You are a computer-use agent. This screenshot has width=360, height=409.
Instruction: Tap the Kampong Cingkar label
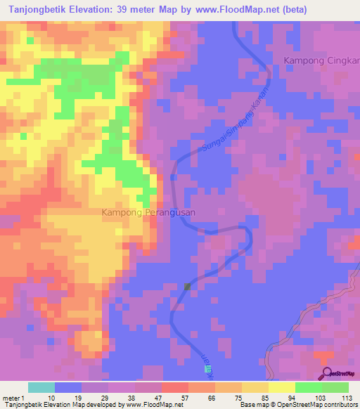click(321, 61)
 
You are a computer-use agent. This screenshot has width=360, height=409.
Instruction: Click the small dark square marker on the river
click(188, 287)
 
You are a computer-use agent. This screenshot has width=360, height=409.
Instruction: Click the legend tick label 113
click(347, 397)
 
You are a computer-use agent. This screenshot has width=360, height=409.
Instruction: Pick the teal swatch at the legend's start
click(41, 387)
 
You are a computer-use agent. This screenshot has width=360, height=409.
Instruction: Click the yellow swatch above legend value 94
click(282, 387)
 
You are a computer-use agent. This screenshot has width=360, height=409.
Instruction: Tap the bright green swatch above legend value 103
click(309, 387)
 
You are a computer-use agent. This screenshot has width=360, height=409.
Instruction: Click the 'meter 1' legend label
click(13, 397)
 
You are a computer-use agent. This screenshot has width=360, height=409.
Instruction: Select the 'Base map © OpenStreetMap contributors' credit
click(298, 405)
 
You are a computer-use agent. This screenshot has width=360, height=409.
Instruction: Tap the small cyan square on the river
click(198, 360)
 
